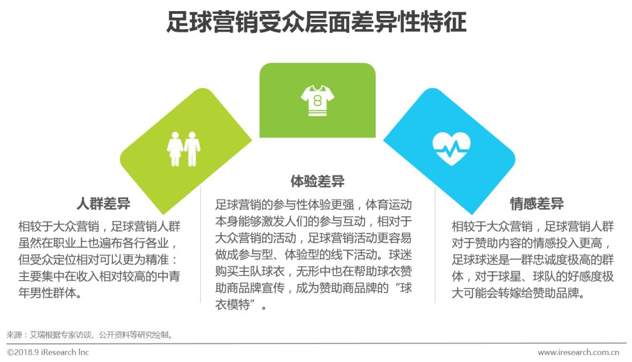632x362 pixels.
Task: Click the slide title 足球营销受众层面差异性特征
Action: pyautogui.click(x=316, y=24)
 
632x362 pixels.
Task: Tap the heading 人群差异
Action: pyautogui.click(x=104, y=204)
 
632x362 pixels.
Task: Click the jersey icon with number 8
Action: pyautogui.click(x=318, y=100)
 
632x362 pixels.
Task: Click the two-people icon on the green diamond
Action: pyautogui.click(x=184, y=148)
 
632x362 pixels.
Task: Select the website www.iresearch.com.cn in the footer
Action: pyautogui.click(x=578, y=352)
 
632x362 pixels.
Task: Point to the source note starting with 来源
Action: pyautogui.click(x=90, y=335)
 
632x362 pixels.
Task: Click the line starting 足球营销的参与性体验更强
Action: pyautogui.click(x=314, y=205)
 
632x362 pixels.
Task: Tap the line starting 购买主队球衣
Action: pyautogui.click(x=314, y=272)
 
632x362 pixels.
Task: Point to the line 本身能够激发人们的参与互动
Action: pyautogui.click(x=314, y=222)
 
